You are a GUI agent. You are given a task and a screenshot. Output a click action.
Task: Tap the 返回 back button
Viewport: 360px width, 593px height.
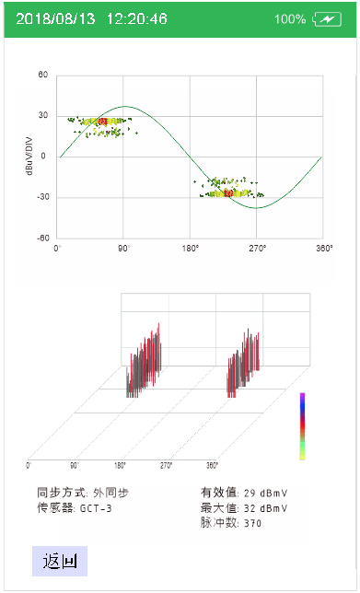tap(59, 560)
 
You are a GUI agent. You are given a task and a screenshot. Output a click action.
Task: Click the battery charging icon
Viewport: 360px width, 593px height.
tap(327, 19)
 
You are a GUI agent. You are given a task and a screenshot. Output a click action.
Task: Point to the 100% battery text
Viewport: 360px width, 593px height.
tap(290, 19)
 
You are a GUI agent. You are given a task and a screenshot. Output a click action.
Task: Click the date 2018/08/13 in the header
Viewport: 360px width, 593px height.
tap(56, 19)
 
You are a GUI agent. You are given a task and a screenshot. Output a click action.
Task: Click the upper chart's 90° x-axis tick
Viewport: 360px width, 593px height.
tap(123, 249)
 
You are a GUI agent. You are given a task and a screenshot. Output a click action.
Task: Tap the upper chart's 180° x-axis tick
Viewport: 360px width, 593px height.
tap(191, 249)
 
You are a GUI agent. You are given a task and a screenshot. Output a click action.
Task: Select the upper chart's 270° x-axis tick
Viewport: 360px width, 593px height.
tap(257, 249)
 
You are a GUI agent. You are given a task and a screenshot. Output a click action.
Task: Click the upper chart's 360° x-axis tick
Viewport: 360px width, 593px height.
tap(323, 249)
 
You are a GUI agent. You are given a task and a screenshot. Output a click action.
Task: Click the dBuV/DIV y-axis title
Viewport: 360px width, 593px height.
tap(29, 157)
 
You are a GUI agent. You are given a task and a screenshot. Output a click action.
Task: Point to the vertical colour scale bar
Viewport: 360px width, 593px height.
tap(302, 425)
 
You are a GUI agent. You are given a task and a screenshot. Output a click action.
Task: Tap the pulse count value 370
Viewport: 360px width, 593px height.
tap(253, 523)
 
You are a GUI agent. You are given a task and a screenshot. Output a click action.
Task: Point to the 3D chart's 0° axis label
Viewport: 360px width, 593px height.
tap(29, 464)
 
